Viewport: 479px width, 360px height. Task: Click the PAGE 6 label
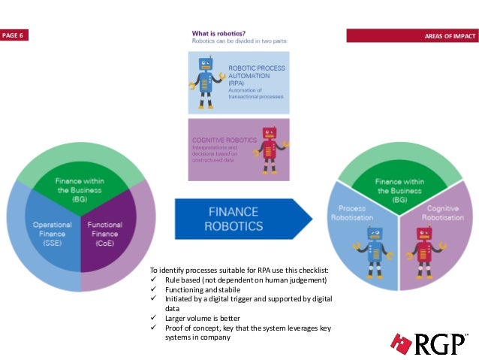14,36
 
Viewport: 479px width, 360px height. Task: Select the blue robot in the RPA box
205,76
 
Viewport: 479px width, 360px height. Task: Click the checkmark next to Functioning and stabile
154,289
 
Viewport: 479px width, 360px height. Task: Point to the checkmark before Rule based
154,280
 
